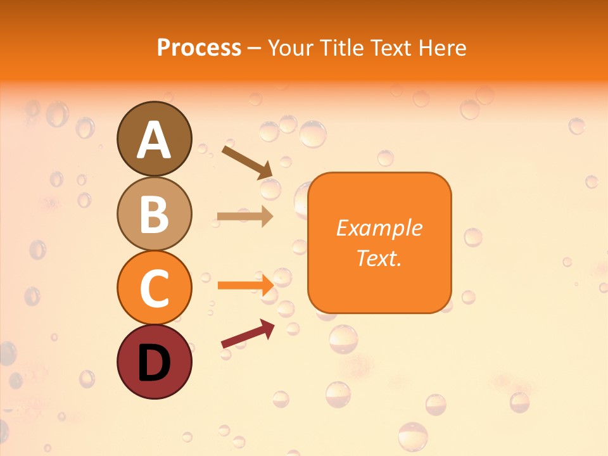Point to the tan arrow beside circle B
click(x=245, y=217)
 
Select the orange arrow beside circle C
click(x=245, y=286)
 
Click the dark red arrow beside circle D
click(x=248, y=334)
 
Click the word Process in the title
click(x=199, y=47)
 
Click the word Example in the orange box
click(x=379, y=228)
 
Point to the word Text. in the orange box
click(x=379, y=258)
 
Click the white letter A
click(x=154, y=141)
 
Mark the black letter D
click(x=154, y=363)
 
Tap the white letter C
click(x=154, y=288)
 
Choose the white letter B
click(x=154, y=214)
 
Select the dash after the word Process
click(x=255, y=48)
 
